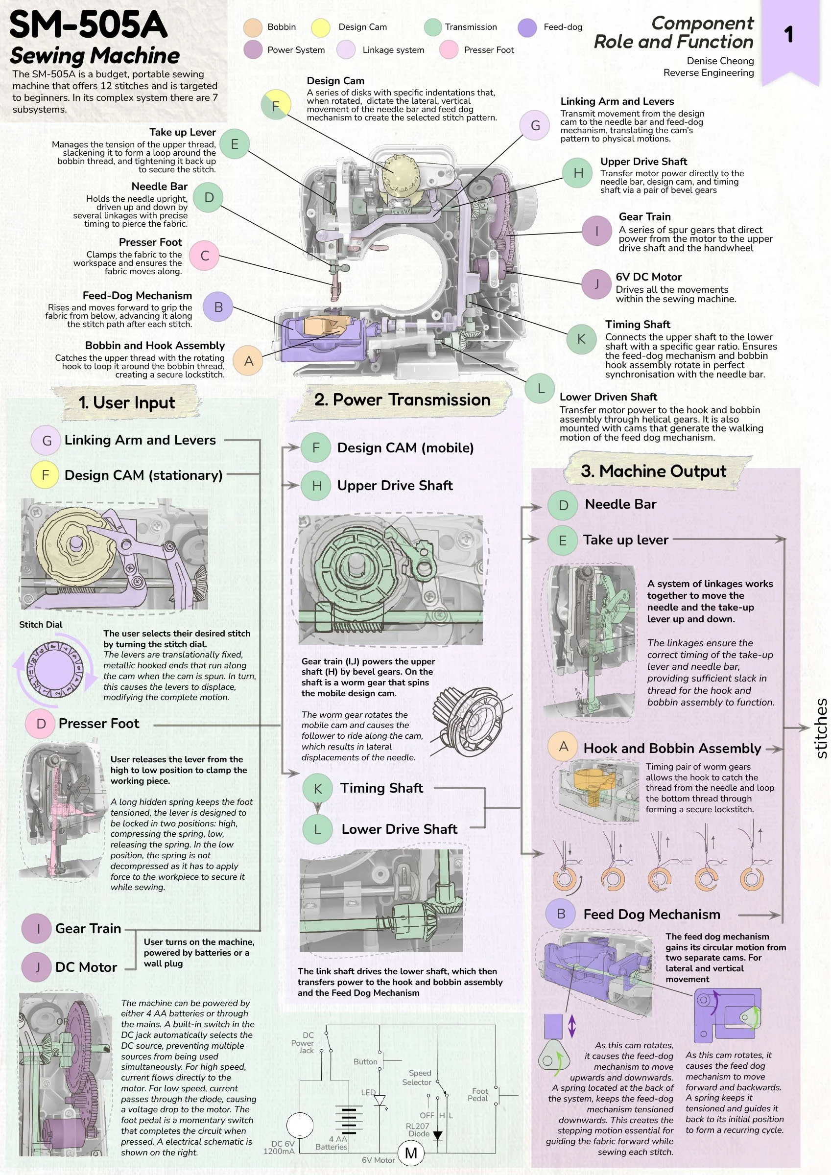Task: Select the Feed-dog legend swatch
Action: (527, 27)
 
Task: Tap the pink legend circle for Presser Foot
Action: (449, 49)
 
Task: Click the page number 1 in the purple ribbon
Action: (788, 35)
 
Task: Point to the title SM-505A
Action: (88, 24)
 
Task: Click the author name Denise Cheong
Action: (720, 61)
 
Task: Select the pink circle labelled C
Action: (204, 256)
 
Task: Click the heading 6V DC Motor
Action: (648, 277)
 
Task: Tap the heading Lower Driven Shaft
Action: (608, 397)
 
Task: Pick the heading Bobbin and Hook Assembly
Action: (155, 346)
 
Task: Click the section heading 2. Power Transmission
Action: (403, 399)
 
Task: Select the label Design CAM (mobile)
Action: (405, 448)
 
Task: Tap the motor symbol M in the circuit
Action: (411, 1153)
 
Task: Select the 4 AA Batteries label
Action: (331, 1143)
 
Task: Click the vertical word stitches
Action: (821, 728)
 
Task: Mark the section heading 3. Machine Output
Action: (653, 471)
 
